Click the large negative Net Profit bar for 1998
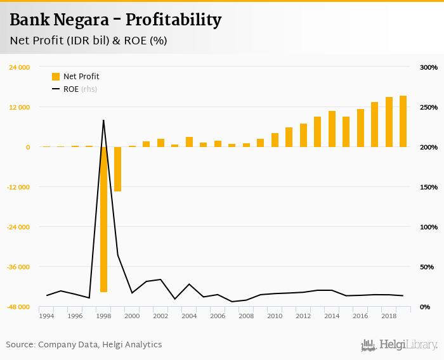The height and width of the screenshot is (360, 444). [103, 219]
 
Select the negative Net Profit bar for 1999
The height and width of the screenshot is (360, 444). [117, 169]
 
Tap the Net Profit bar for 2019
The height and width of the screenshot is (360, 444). [403, 121]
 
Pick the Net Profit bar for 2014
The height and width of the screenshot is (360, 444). [332, 129]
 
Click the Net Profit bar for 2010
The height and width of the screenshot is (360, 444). [275, 140]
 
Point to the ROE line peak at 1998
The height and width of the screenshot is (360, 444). [103, 120]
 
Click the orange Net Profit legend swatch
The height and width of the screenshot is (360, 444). [56, 77]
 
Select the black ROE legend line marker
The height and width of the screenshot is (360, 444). [56, 89]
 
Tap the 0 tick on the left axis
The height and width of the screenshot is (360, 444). [27, 147]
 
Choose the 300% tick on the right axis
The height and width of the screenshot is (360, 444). [429, 67]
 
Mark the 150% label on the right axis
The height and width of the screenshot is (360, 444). [429, 187]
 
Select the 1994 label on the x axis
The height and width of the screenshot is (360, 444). [46, 316]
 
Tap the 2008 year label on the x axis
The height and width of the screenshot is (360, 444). [246, 316]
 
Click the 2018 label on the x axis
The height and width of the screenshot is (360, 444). [389, 316]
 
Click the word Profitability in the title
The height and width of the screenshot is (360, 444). [173, 20]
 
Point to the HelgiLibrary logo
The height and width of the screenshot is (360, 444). [399, 345]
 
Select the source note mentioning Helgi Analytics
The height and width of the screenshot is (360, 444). [84, 345]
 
